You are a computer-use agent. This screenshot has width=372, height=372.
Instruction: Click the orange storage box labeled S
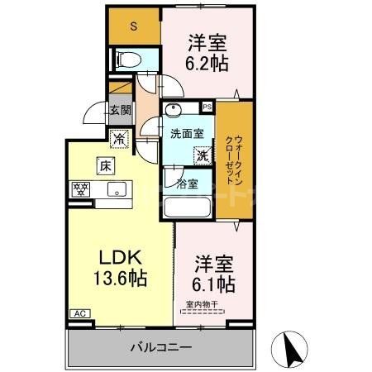pyautogui.click(x=134, y=26)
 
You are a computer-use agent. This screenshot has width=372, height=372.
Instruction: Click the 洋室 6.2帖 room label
pyautogui.click(x=207, y=52)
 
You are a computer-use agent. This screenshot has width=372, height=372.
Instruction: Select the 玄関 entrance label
pyautogui.click(x=120, y=109)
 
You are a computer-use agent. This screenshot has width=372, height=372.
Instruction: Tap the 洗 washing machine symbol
pyautogui.click(x=201, y=154)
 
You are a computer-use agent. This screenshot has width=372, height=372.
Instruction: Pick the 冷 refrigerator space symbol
pyautogui.click(x=119, y=141)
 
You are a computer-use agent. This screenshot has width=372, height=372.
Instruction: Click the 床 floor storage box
pyautogui.click(x=106, y=165)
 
